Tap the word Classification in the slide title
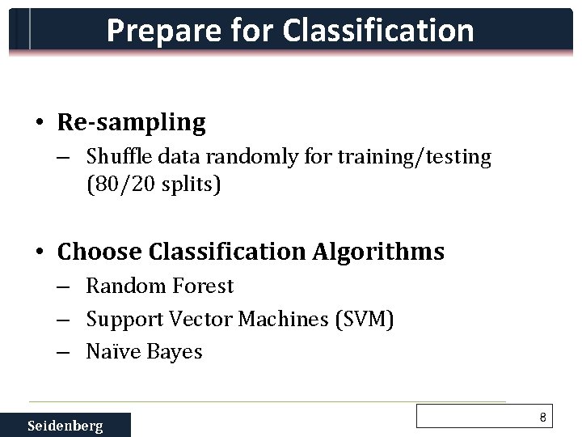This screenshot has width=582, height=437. pos(377,31)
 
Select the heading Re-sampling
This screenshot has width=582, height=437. pos(132,123)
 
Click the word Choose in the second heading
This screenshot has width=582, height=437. pos(100,252)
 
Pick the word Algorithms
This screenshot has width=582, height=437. pos(377,252)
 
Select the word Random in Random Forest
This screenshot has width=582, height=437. pos(120,286)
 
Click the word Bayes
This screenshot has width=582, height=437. pos(174,352)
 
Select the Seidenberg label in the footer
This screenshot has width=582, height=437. pos(65,426)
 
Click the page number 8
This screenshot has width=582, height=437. pos(543,418)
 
